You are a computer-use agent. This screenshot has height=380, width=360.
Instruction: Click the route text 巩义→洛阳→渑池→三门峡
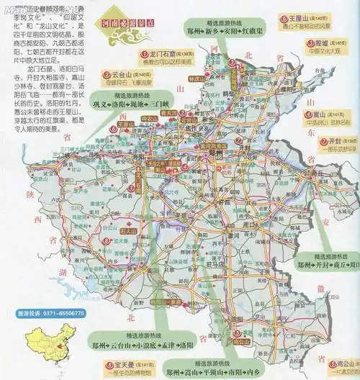click(x=125, y=103)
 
